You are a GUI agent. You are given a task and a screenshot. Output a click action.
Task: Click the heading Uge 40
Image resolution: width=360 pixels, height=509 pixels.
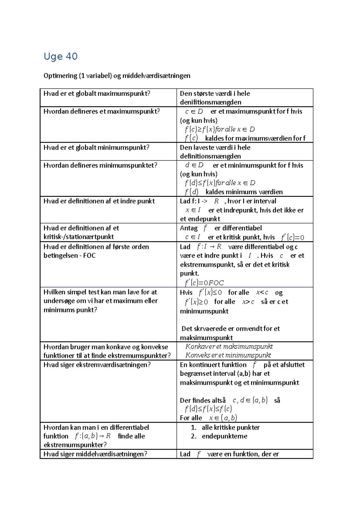(x=61, y=56)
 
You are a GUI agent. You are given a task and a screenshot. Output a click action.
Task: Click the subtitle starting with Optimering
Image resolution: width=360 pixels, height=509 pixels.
(x=117, y=76)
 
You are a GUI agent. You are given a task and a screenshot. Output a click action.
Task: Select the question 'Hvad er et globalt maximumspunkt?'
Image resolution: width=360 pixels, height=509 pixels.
(x=97, y=94)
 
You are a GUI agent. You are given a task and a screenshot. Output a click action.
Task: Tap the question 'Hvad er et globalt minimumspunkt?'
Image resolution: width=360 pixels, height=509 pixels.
(x=96, y=147)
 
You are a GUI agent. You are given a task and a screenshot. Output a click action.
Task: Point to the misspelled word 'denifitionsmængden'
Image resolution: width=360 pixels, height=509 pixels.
(x=210, y=102)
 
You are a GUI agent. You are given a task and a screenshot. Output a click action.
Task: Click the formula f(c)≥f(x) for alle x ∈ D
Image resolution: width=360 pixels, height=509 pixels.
(x=220, y=129)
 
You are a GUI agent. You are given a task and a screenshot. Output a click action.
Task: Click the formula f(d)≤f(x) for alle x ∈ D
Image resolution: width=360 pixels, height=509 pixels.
(x=220, y=183)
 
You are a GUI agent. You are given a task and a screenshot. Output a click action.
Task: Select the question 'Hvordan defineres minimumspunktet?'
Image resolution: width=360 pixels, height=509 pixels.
(x=100, y=165)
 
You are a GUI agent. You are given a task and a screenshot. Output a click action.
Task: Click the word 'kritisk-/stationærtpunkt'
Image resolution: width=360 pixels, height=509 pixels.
(x=79, y=237)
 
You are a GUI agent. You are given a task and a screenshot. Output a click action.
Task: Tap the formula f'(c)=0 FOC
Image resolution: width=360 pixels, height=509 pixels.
(x=204, y=283)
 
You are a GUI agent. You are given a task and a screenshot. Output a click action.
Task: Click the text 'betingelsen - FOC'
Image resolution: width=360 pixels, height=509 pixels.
(x=70, y=255)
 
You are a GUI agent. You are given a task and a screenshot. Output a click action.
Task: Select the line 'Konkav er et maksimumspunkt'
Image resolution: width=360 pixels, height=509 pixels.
(x=229, y=347)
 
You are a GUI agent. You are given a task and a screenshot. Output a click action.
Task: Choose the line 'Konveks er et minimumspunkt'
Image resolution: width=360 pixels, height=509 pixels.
(x=228, y=355)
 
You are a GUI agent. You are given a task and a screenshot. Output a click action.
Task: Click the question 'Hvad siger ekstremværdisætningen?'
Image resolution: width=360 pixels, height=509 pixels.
(x=97, y=365)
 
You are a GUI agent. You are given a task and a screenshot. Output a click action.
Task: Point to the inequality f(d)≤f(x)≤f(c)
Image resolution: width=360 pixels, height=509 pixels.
(x=208, y=409)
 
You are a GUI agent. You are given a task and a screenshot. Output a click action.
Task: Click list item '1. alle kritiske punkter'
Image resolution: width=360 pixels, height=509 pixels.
(x=225, y=427)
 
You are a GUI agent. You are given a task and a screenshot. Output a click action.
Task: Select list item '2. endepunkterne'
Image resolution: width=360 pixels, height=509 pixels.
(x=219, y=436)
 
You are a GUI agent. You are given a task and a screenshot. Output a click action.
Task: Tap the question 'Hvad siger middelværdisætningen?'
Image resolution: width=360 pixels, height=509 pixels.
(x=95, y=454)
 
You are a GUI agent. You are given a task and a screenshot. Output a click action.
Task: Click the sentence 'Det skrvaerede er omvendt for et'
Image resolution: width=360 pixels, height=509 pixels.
(x=230, y=329)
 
